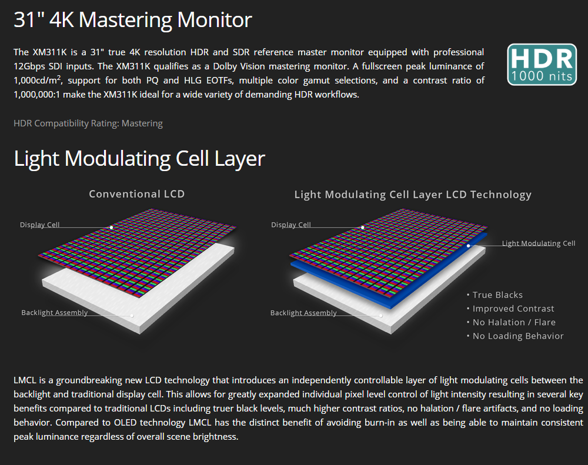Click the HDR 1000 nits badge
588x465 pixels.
[x=541, y=65]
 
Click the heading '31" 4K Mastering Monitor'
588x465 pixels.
[x=132, y=20]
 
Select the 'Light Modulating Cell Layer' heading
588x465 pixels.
[x=139, y=159]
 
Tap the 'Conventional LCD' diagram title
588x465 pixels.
[x=136, y=194]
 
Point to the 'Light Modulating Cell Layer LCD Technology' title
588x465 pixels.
[x=413, y=195]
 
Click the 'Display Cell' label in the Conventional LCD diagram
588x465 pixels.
[x=40, y=225]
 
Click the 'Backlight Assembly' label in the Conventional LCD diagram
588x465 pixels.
[x=54, y=313]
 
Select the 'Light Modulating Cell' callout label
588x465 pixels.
[x=539, y=243]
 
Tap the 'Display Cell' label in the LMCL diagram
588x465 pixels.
[x=291, y=225]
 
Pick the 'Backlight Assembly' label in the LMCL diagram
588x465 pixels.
[x=303, y=313]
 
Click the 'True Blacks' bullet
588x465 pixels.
[x=497, y=295]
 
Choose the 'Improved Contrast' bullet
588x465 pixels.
[x=513, y=309]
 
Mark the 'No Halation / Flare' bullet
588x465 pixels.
[x=514, y=322]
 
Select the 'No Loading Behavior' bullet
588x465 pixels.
[x=518, y=336]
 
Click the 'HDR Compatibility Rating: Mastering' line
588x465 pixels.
[x=88, y=123]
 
